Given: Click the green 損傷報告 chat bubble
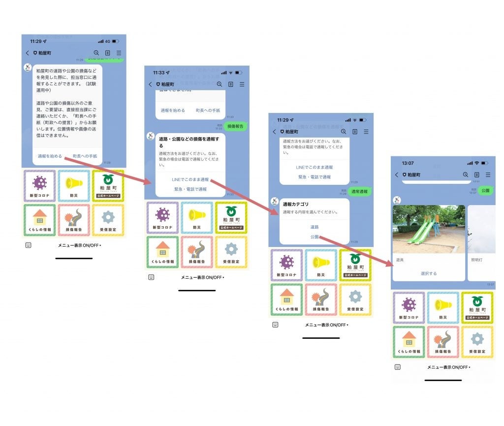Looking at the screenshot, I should tap(236, 126).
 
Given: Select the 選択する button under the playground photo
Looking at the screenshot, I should tap(428, 273).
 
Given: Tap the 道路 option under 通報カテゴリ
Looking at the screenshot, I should tap(315, 227).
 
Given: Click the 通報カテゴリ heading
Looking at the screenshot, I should tap(295, 204).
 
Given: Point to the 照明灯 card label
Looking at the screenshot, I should tap(476, 259).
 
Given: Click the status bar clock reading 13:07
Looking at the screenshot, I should tap(408, 163).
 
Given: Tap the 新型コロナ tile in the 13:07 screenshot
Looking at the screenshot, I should tap(409, 307).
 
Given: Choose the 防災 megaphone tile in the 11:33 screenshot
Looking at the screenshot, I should tap(196, 217).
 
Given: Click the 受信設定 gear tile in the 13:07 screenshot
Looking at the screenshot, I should tap(477, 342).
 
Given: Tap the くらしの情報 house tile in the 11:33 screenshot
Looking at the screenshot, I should tap(162, 252).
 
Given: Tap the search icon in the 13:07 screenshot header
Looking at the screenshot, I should tap(465, 175).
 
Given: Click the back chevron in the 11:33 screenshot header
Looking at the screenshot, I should tap(151, 84).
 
